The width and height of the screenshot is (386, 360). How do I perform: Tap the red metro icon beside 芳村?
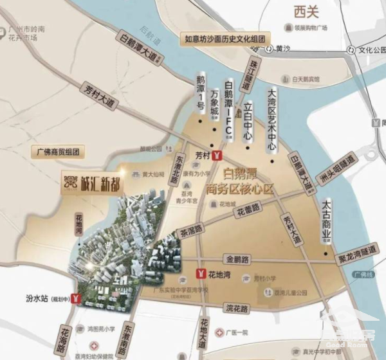(219, 155)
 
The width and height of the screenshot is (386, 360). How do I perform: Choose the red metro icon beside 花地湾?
(203, 273)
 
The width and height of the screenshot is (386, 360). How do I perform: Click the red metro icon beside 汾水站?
(77, 298)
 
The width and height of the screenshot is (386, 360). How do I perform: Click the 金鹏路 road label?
(237, 259)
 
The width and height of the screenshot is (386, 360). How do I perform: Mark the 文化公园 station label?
(371, 50)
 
